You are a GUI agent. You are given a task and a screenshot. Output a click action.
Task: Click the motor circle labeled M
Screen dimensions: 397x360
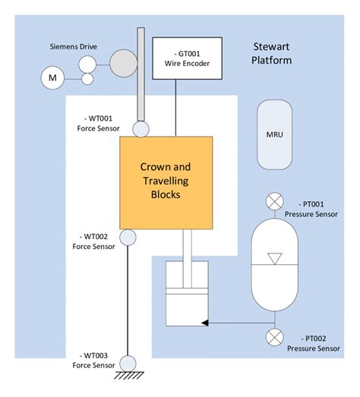[52, 78]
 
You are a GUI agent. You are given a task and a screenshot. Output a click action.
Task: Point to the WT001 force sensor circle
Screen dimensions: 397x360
[141, 130]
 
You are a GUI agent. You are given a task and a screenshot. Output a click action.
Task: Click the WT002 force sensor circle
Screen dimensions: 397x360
[128, 238]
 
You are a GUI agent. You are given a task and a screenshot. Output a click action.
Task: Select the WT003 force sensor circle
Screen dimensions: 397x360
[128, 363]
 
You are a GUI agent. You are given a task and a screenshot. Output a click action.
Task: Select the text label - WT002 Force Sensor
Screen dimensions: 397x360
[91, 241]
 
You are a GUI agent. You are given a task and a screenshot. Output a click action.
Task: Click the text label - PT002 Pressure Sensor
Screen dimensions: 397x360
[314, 344]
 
